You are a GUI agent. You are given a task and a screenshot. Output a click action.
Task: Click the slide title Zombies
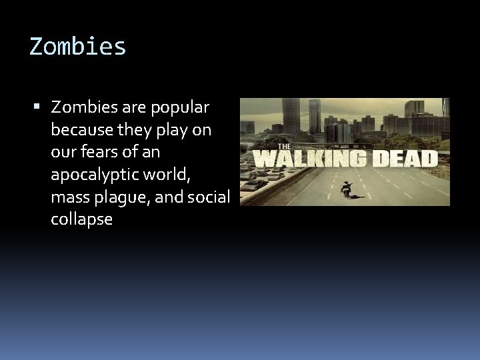[x=77, y=47]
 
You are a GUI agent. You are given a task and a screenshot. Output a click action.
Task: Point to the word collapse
[x=81, y=220]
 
